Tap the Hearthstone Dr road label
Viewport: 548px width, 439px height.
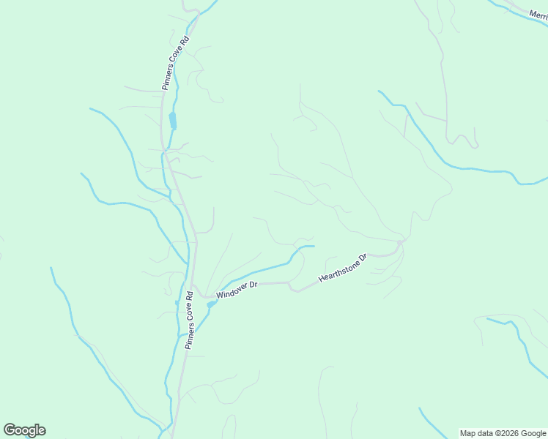(342, 269)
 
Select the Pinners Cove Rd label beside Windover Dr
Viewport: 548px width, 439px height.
(190, 320)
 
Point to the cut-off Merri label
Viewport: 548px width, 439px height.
(539, 15)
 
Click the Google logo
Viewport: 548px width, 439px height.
(24, 430)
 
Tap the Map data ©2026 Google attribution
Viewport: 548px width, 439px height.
(503, 433)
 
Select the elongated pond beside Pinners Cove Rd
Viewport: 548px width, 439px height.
(173, 120)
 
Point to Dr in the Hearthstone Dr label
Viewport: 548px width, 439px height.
(361, 259)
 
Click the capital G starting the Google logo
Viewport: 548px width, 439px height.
(10, 430)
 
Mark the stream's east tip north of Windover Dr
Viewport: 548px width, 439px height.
(314, 247)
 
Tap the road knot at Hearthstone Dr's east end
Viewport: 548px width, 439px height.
(399, 244)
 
